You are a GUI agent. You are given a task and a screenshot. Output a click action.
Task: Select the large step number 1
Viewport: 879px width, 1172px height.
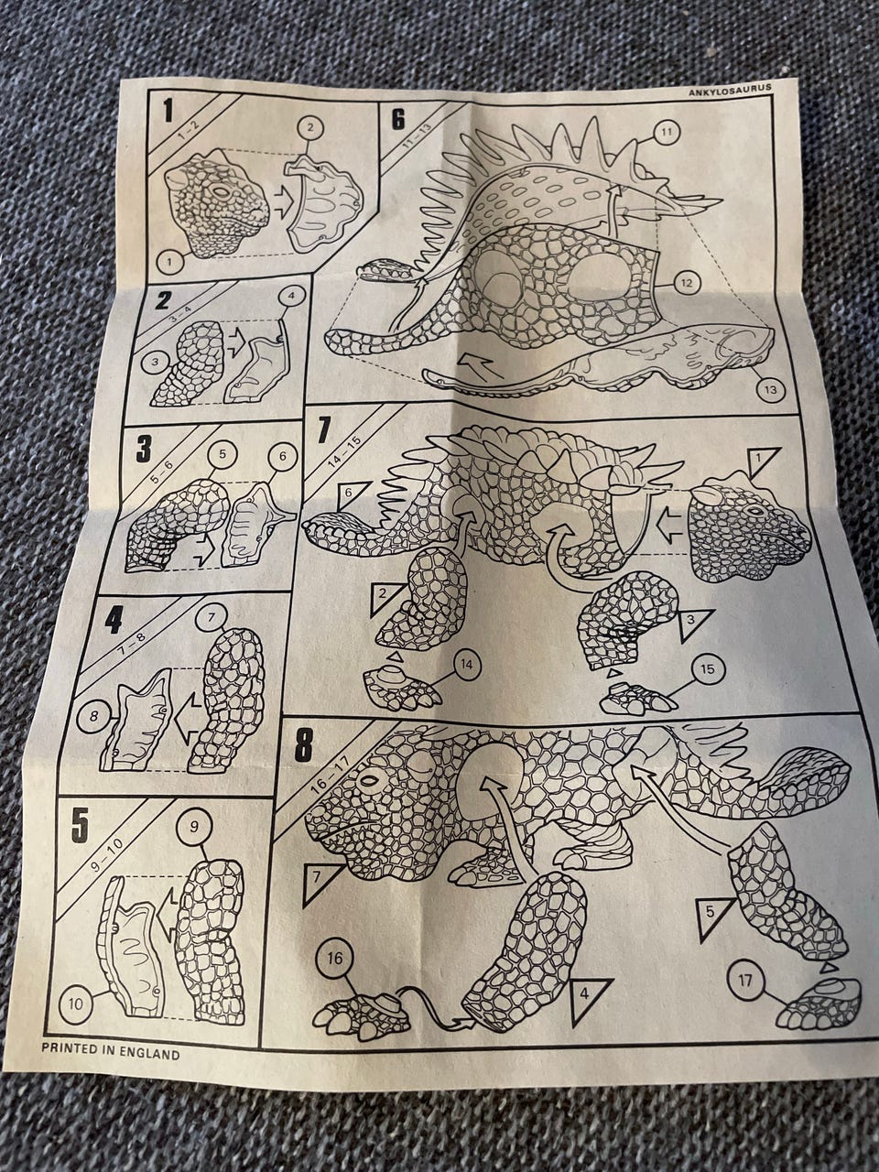[x=168, y=112]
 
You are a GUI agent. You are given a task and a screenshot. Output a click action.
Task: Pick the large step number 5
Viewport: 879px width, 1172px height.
[x=79, y=826]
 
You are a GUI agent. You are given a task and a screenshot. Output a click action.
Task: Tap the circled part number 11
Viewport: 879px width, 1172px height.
[x=665, y=132]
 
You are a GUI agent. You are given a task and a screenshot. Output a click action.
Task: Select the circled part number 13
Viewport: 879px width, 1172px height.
[x=770, y=390]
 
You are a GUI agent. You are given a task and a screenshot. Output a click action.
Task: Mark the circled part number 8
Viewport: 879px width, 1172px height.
[x=93, y=717]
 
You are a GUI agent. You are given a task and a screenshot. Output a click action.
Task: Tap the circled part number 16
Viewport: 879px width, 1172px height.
[x=334, y=944]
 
